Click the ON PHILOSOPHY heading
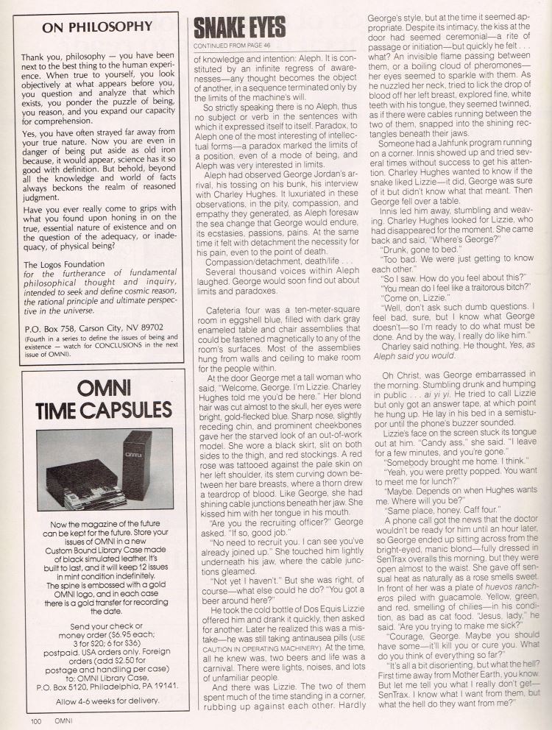point(97,27)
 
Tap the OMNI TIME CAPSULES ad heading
point(98,399)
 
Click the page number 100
point(35,721)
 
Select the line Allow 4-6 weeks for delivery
point(98,700)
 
